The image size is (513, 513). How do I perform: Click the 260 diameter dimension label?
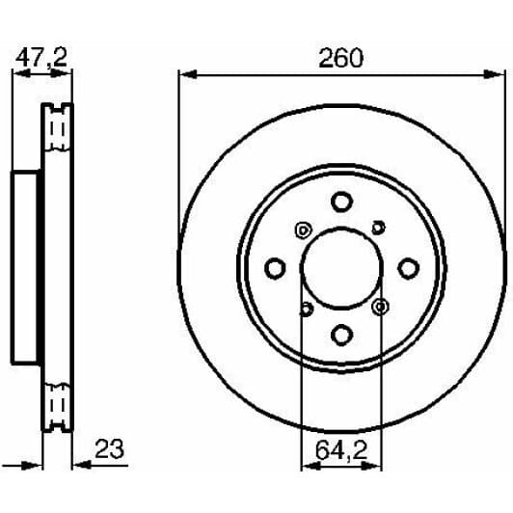(341, 58)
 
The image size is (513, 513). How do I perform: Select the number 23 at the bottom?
(111, 449)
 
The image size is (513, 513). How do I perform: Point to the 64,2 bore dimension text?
(342, 449)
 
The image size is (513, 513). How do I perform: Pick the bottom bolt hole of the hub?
(341, 334)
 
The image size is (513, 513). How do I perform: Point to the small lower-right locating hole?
(380, 307)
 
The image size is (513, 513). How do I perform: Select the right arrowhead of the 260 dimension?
(499, 73)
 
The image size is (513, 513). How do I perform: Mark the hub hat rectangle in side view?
(27, 267)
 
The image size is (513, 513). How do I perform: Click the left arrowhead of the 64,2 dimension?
(307, 466)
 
